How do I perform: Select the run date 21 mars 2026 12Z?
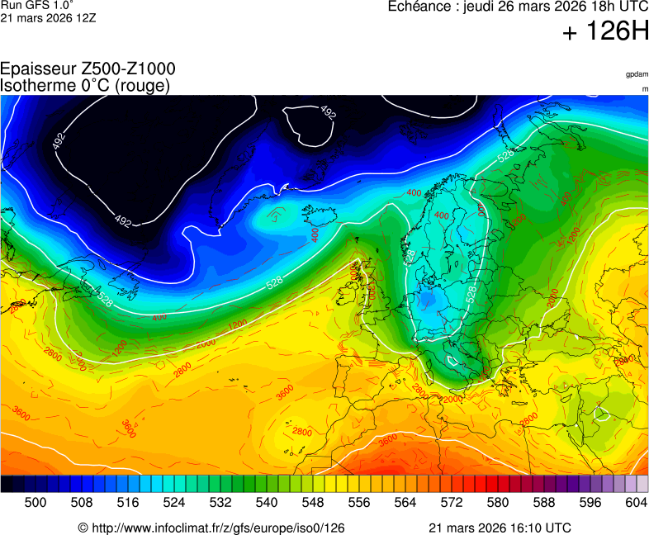(x=48, y=17)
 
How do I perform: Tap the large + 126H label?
(x=605, y=32)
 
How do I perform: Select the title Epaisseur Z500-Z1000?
(x=88, y=69)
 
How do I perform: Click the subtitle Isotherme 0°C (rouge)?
(x=85, y=85)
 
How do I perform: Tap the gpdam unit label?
(x=636, y=74)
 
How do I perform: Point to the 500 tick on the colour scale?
(x=36, y=501)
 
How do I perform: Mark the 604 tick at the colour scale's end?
(x=636, y=501)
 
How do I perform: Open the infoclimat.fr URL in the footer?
(x=216, y=528)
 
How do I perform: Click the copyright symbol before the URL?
(x=83, y=528)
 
